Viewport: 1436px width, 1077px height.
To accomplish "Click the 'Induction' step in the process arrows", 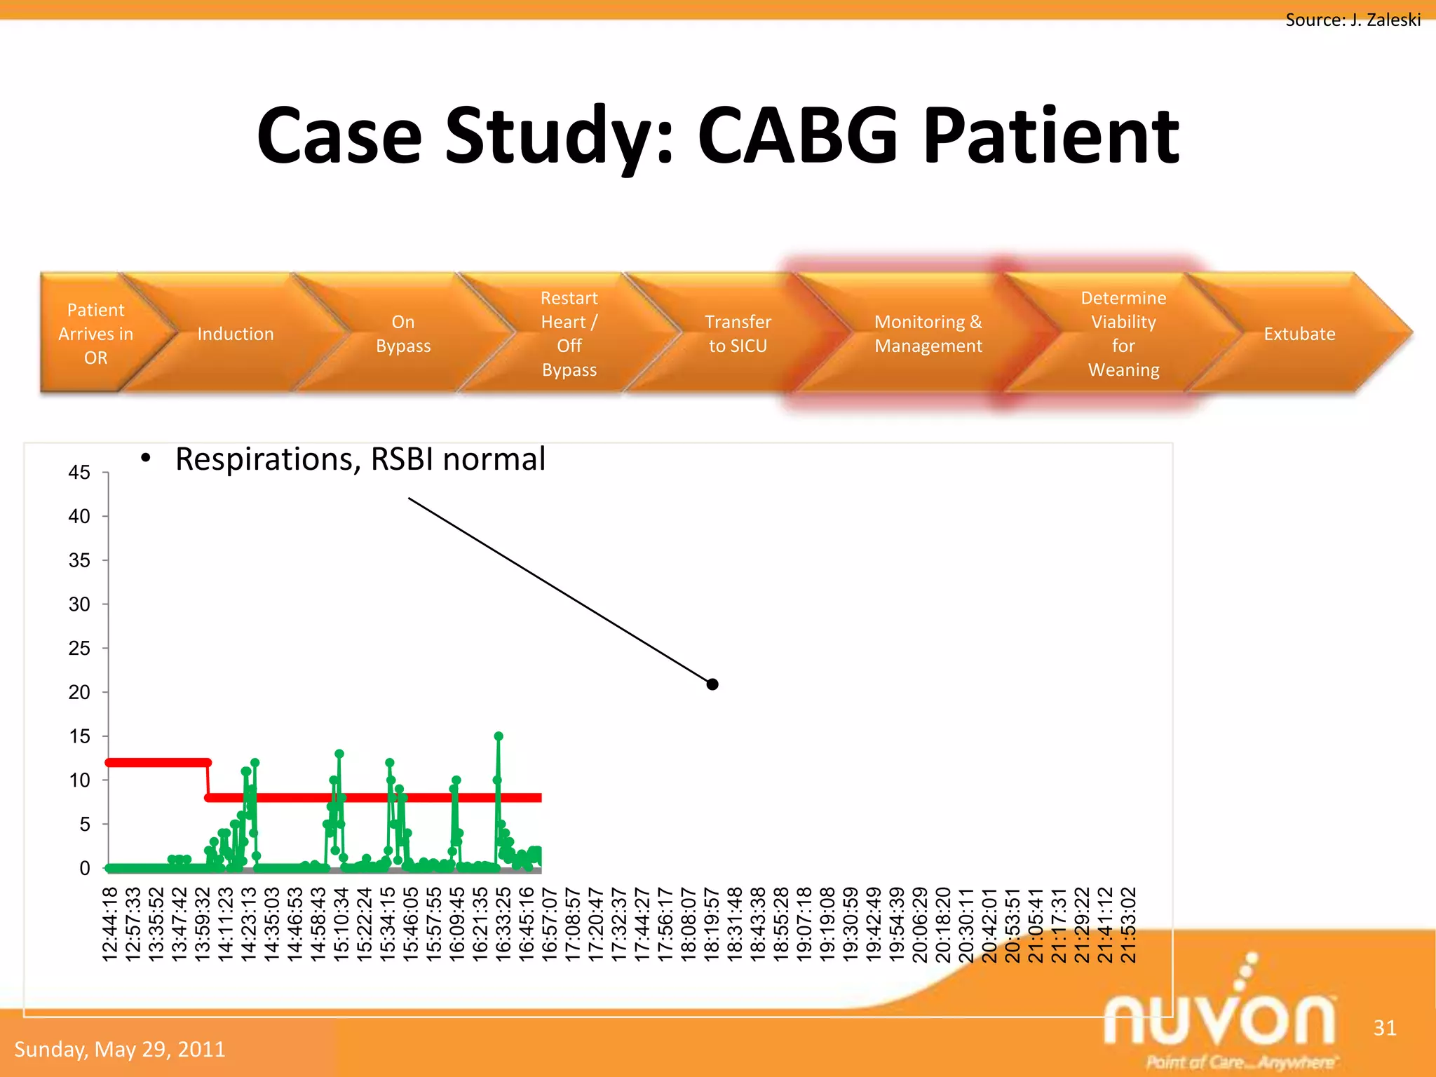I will (235, 334).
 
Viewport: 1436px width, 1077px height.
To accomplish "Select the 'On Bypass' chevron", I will (402, 334).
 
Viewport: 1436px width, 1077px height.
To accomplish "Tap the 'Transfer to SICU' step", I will (738, 334).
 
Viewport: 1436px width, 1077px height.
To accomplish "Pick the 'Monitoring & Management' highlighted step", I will (928, 334).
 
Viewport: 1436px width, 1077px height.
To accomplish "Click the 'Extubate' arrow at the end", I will (1299, 334).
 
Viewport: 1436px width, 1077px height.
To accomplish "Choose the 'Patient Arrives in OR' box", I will (95, 334).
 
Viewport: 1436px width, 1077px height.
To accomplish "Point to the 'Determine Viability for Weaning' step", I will (1123, 334).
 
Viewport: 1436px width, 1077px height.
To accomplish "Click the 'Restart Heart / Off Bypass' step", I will (569, 334).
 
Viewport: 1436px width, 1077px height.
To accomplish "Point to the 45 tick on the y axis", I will (79, 473).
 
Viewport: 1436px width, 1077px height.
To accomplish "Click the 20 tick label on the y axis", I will (79, 692).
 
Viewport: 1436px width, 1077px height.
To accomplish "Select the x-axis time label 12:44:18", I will (110, 924).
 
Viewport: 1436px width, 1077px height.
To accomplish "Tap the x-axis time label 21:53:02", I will (1128, 924).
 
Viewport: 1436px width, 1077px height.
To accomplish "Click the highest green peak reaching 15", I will (499, 736).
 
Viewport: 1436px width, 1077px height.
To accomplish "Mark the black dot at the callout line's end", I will (712, 684).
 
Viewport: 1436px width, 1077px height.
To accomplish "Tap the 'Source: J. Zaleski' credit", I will (1353, 20).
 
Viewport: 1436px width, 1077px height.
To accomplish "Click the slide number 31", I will (1385, 1028).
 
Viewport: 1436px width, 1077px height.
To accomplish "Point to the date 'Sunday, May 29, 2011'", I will (120, 1049).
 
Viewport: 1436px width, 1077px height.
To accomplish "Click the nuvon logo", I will (1220, 1017).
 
